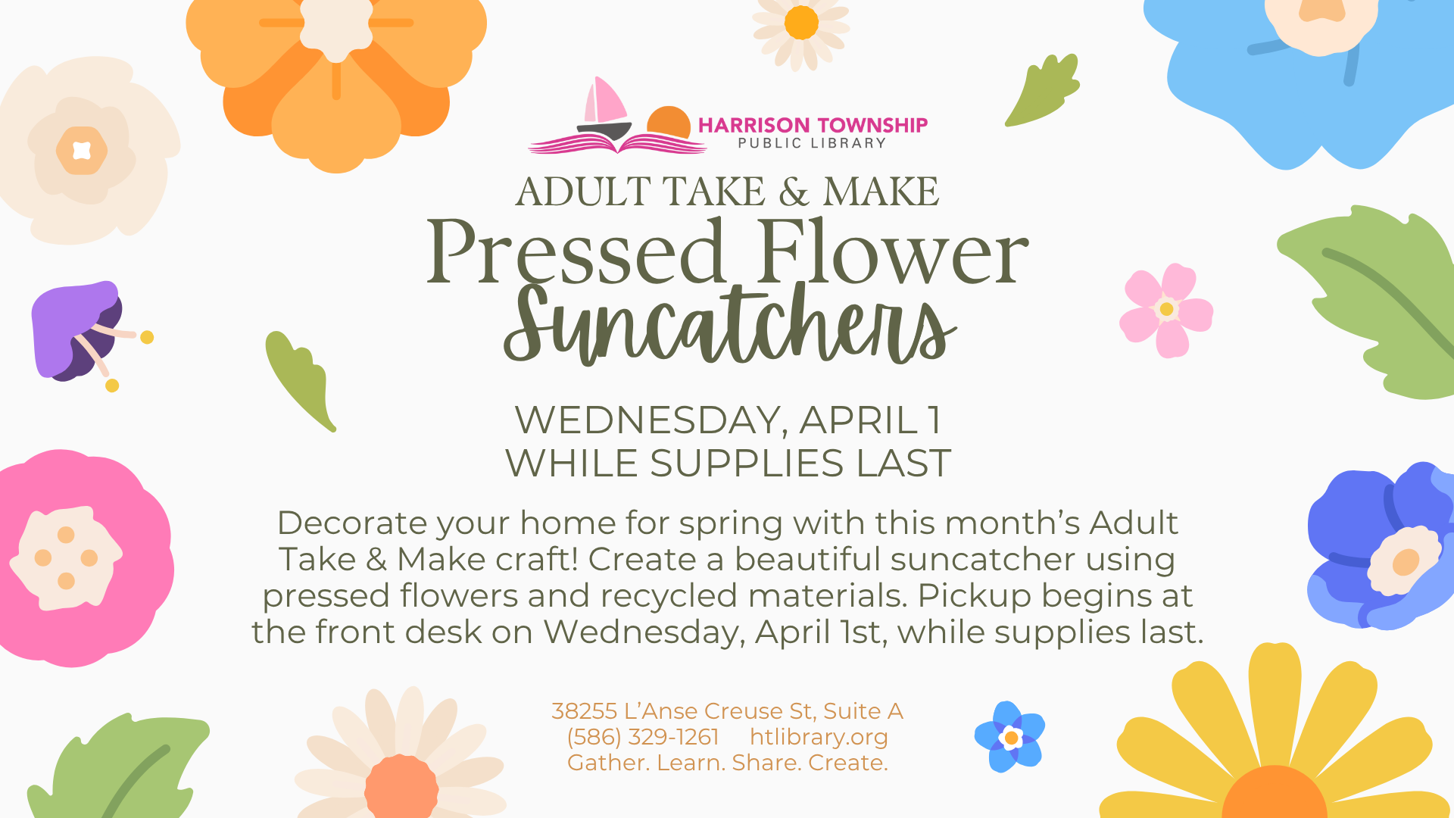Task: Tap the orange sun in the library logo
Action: pyautogui.click(x=669, y=122)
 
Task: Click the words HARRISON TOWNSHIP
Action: pyautogui.click(x=813, y=125)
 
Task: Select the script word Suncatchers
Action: pyautogui.click(x=729, y=324)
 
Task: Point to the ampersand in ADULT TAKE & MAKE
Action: pyautogui.click(x=794, y=192)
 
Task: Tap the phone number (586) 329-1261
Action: pyautogui.click(x=643, y=736)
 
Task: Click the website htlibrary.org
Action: pyautogui.click(x=819, y=736)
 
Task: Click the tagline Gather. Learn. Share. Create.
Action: pyautogui.click(x=728, y=762)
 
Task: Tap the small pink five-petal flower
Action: pyautogui.click(x=1166, y=310)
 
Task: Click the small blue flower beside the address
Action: pyautogui.click(x=1009, y=737)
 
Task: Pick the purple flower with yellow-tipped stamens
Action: pyautogui.click(x=83, y=333)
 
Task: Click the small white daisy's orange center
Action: pyautogui.click(x=801, y=23)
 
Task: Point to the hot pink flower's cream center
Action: pyautogui.click(x=66, y=558)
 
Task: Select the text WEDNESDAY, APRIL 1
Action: pyautogui.click(x=728, y=420)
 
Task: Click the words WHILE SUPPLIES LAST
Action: pyautogui.click(x=728, y=463)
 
